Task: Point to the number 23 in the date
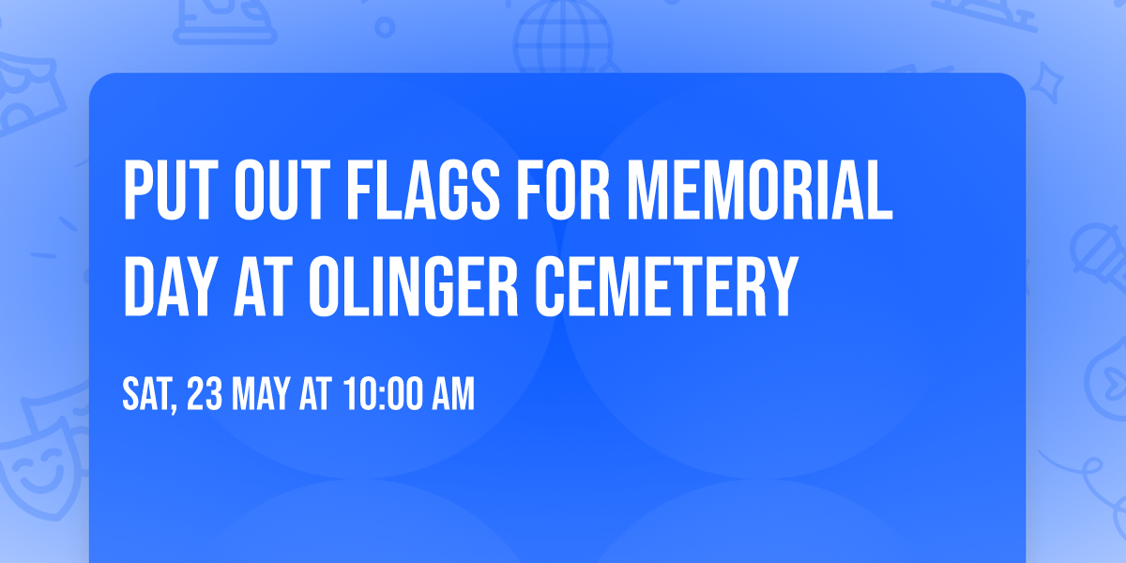tap(204, 395)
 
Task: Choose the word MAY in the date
tap(259, 395)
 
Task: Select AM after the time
tap(454, 395)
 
